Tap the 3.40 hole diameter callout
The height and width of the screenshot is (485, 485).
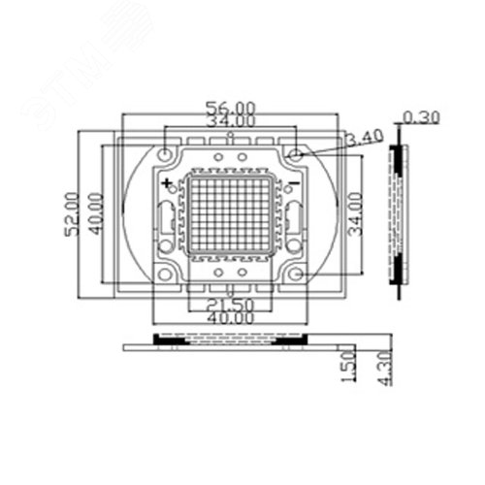pos(362,139)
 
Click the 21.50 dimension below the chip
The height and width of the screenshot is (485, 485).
pos(231,306)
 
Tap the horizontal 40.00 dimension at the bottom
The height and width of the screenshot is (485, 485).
pos(231,319)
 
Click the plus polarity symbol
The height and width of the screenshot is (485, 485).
pos(168,182)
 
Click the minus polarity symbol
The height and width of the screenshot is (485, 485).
pos(294,182)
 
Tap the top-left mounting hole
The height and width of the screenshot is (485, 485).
pos(167,154)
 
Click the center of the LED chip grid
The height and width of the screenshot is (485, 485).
pos(231,215)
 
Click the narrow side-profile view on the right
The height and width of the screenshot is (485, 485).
pos(398,215)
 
